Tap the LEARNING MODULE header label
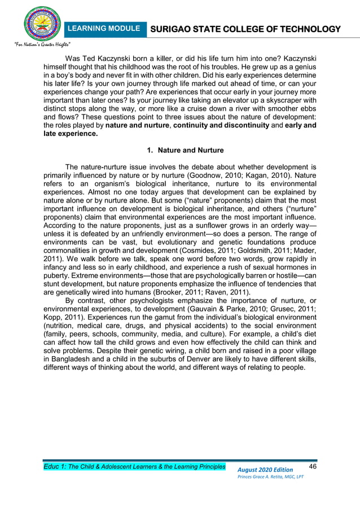click(103, 28)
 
